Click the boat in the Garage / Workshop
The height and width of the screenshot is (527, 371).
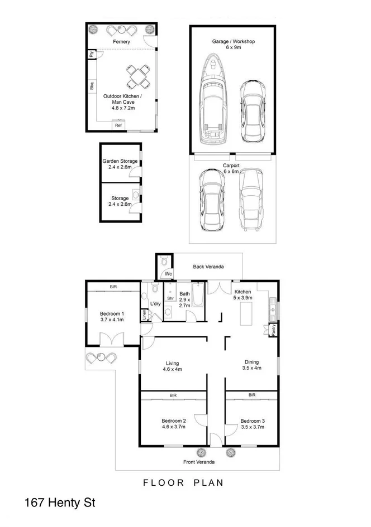coord(213,98)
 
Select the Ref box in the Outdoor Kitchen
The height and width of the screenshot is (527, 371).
coord(118,125)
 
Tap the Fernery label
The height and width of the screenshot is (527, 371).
coord(121,42)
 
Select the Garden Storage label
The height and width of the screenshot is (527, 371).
coord(120,161)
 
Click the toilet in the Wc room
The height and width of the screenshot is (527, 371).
coord(163,261)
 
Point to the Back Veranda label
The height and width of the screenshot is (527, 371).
coord(208,267)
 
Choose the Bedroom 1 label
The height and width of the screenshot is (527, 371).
coord(112,313)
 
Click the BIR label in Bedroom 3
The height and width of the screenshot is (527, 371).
coord(251,395)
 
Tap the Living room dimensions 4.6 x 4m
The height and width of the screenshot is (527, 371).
coord(172,369)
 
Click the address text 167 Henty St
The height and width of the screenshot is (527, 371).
coord(60,503)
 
